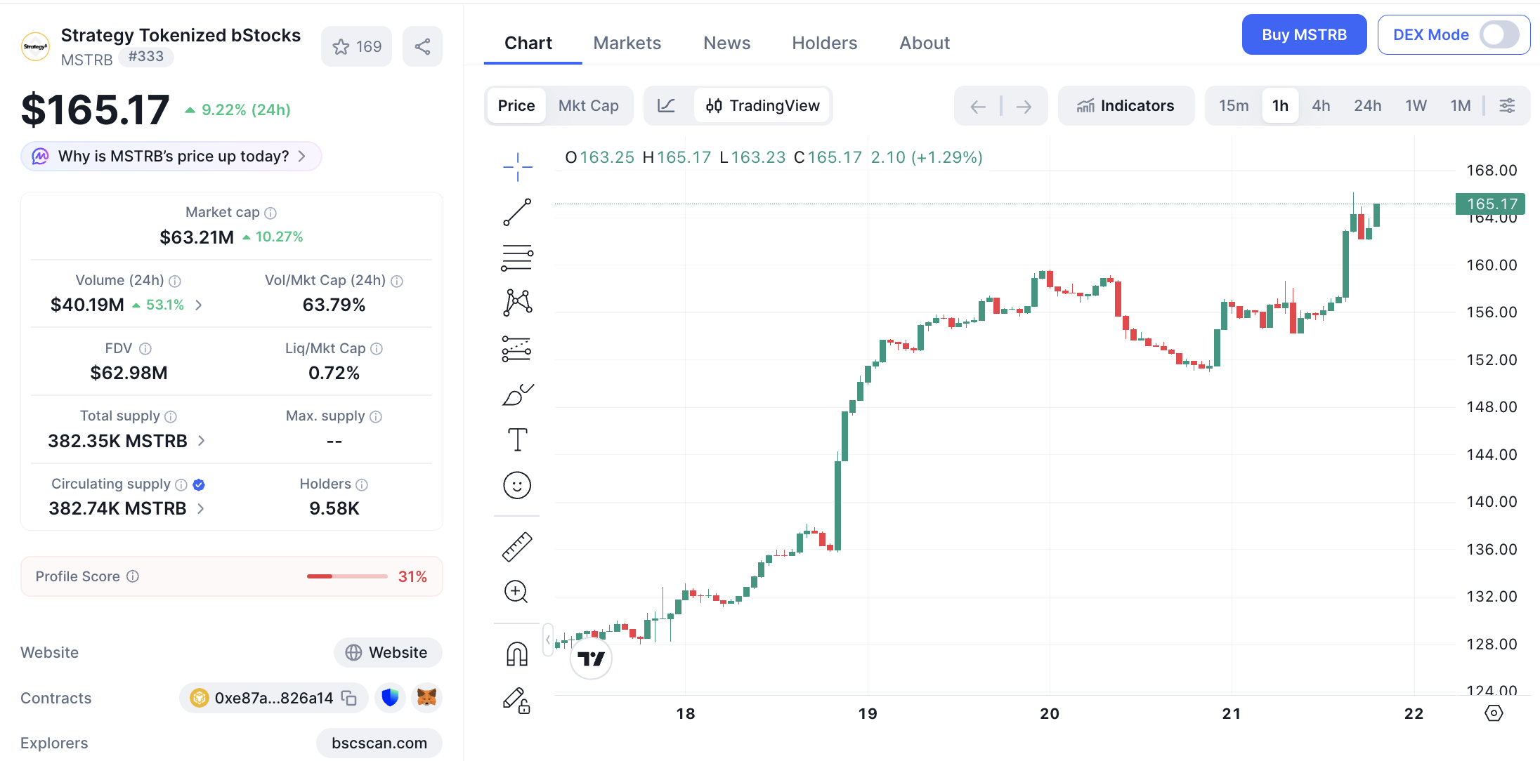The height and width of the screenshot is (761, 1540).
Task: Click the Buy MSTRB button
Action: (x=1304, y=34)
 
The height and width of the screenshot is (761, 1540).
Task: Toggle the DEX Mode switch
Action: (x=1499, y=34)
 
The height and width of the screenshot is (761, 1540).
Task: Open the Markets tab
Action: (x=627, y=43)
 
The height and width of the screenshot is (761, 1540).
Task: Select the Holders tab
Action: (x=824, y=43)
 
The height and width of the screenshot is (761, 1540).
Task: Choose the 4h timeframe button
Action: (x=1321, y=105)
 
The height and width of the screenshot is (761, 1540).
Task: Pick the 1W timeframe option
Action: (x=1416, y=105)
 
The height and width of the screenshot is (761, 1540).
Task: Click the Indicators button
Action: (x=1125, y=105)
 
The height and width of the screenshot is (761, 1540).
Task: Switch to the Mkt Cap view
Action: (x=588, y=105)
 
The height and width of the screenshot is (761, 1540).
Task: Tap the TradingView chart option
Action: (x=762, y=105)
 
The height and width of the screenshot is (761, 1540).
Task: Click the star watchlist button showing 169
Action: (x=356, y=46)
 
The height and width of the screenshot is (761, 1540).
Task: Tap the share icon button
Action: (x=422, y=46)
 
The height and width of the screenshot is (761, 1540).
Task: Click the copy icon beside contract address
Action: (x=349, y=698)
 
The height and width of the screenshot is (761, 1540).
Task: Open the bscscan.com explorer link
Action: (x=379, y=743)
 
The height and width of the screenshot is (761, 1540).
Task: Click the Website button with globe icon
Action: (x=388, y=652)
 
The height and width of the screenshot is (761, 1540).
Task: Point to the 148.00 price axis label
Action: (x=1492, y=406)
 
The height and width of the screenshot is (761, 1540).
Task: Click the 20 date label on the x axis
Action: (x=1050, y=713)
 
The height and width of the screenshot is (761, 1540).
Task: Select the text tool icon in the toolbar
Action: (x=517, y=439)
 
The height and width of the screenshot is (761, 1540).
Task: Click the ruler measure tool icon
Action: (x=517, y=547)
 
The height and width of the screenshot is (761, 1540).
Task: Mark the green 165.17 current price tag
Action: (x=1490, y=204)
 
